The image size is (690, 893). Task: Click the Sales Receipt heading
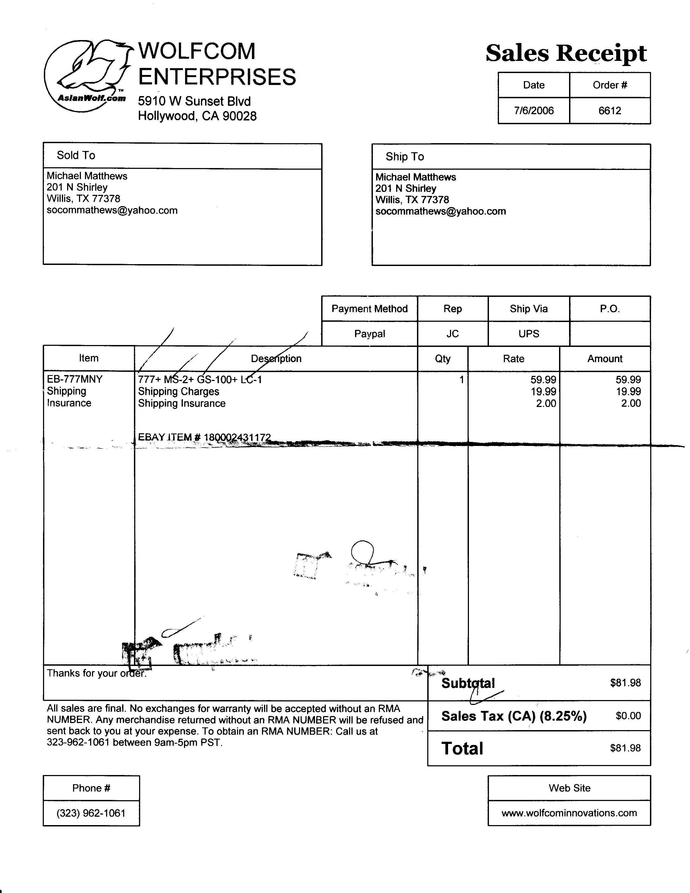tap(566, 54)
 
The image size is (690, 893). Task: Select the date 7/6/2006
tap(534, 111)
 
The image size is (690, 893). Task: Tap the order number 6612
tap(609, 111)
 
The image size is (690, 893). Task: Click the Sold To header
tap(76, 155)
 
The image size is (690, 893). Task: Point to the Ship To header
tap(405, 157)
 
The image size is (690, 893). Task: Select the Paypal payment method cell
tap(370, 334)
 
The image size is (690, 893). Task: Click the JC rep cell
tap(452, 334)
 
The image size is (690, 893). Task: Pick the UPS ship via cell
tap(528, 334)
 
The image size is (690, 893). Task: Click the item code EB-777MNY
tap(75, 379)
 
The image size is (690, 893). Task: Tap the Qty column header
tap(443, 359)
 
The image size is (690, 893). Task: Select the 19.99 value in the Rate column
tap(543, 391)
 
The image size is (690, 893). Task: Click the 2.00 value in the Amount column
tap(631, 403)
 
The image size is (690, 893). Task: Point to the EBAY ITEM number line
tap(204, 437)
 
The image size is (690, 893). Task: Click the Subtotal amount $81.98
tap(625, 683)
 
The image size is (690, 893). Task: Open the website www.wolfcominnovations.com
tap(569, 812)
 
